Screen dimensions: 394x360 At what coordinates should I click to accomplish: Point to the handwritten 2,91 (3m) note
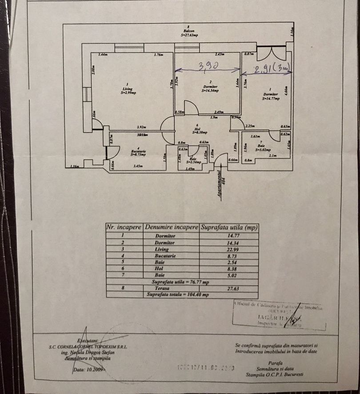pos(272,69)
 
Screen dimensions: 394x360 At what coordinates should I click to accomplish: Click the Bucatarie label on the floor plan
pos(139,152)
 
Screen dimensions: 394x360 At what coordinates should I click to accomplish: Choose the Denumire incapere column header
pos(170,227)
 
